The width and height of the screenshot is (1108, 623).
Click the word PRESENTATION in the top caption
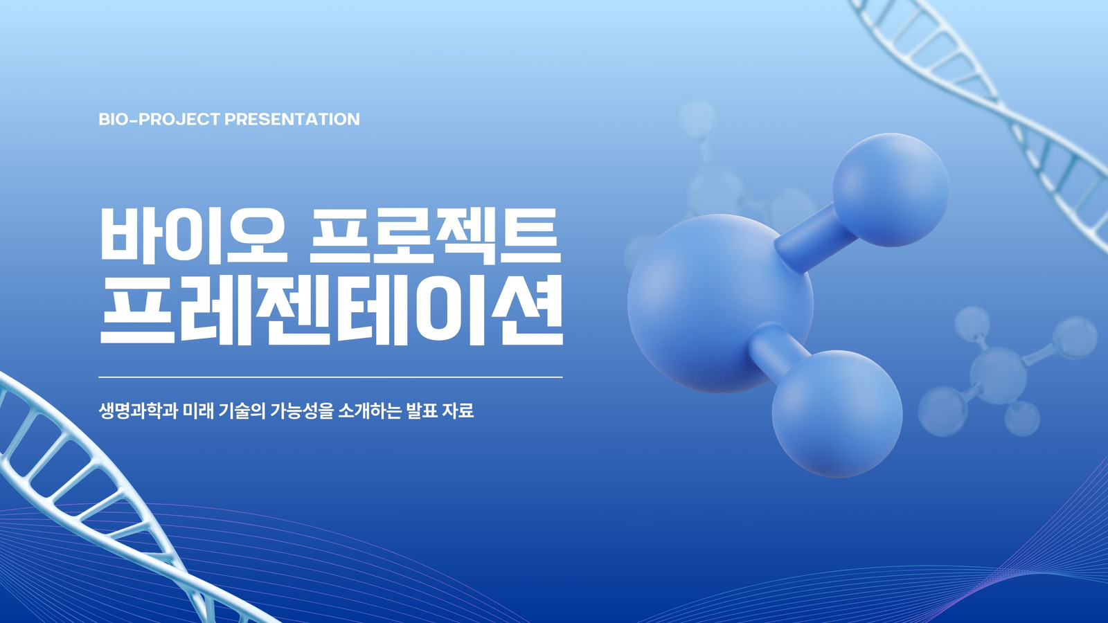click(x=292, y=119)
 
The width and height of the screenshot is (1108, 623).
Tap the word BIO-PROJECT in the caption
click(x=159, y=119)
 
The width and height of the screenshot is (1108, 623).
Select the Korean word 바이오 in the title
click(x=193, y=235)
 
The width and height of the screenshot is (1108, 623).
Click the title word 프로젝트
click(x=436, y=235)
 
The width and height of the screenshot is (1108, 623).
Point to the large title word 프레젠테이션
click(x=332, y=309)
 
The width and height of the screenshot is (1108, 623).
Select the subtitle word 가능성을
click(x=302, y=411)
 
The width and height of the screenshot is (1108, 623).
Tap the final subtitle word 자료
click(x=458, y=411)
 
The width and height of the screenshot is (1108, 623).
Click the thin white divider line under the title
click(x=330, y=377)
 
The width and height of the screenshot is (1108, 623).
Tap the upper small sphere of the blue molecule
click(x=891, y=190)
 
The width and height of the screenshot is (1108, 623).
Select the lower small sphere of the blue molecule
click(x=837, y=414)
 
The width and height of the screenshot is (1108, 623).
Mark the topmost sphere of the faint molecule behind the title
click(x=697, y=118)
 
